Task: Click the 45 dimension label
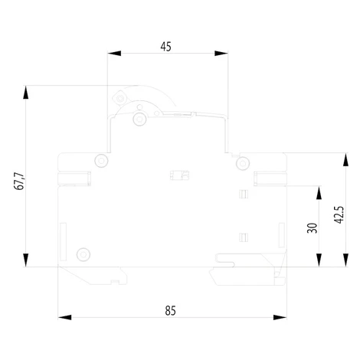[x=165, y=47]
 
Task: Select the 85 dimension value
[x=170, y=311]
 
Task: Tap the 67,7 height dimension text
[x=19, y=182]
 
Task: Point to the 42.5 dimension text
[x=339, y=215]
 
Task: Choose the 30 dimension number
[x=312, y=228]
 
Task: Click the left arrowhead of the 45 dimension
[x=114, y=54]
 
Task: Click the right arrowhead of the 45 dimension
[x=221, y=54]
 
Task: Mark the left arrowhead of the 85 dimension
[x=64, y=317]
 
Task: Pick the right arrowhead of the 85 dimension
[x=280, y=317]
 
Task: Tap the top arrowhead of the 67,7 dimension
[x=26, y=92]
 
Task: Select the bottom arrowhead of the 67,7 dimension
[x=26, y=260]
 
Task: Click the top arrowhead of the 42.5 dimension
[x=345, y=159]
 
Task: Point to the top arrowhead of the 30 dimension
[x=319, y=193]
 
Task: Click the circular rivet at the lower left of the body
[x=83, y=254]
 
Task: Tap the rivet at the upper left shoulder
[x=101, y=161]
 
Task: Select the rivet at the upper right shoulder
[x=243, y=163]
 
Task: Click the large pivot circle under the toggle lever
[x=139, y=119]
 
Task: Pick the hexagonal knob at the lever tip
[x=119, y=98]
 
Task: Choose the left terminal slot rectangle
[x=74, y=178]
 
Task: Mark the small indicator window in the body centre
[x=179, y=175]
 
